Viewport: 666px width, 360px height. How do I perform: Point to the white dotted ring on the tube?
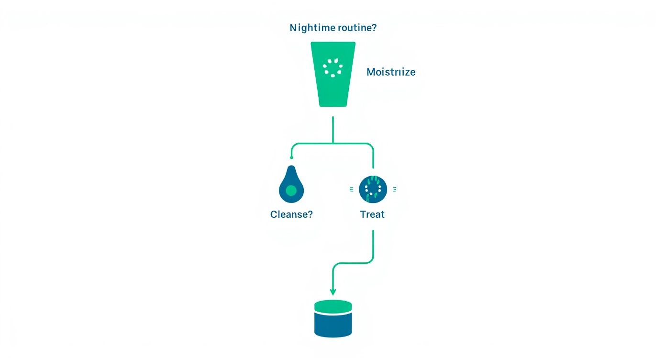[333, 68]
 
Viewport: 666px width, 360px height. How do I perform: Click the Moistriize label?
[391, 72]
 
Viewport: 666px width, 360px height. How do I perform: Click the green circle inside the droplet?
[291, 191]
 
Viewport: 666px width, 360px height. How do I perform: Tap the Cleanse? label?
[291, 214]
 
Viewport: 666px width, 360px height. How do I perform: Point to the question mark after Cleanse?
[310, 214]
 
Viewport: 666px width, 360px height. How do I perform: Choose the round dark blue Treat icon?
[373, 189]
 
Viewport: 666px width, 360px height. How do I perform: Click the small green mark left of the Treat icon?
[352, 190]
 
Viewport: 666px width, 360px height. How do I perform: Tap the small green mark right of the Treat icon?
[394, 190]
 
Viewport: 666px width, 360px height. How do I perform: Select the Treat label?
[372, 214]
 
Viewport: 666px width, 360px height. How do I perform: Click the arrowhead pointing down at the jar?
[333, 292]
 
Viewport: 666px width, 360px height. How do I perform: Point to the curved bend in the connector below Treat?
[368, 261]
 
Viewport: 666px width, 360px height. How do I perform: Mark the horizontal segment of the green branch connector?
[333, 144]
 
